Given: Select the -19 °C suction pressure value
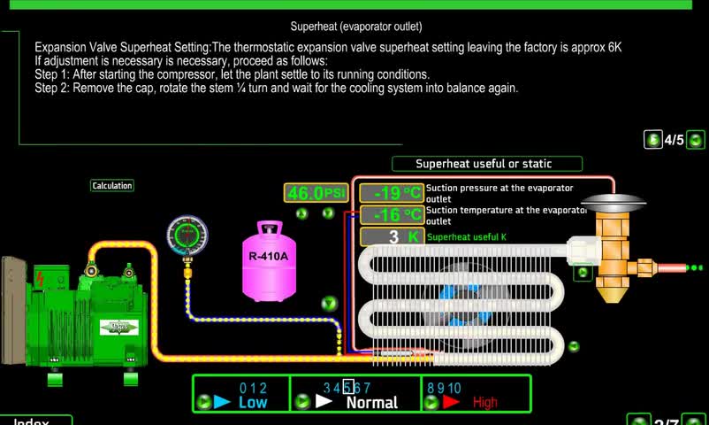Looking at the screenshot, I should [393, 193].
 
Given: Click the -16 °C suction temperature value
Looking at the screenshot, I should [393, 215].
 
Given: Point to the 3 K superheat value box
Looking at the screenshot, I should [393, 236].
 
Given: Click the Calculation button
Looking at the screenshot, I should [112, 186].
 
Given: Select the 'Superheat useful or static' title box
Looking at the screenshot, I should [486, 164].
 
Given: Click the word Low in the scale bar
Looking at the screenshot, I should [253, 403].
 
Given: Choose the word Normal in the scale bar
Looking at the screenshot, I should [371, 403].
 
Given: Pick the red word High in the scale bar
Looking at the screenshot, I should [485, 403].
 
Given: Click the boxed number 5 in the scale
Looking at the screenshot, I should [348, 387].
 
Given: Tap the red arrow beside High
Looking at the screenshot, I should [452, 402].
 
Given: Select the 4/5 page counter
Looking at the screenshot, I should [675, 140].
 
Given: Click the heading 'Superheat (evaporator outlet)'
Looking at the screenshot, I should [356, 27].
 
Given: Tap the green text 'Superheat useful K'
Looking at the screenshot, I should [467, 237].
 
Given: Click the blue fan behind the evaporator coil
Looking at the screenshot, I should [459, 297].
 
